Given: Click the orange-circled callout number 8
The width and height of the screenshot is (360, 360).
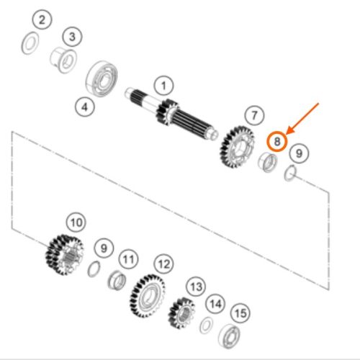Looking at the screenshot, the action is pos(277,141).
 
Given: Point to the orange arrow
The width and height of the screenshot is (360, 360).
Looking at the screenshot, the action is pos(302,118).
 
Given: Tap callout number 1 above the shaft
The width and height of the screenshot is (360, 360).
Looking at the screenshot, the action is pos(163,86).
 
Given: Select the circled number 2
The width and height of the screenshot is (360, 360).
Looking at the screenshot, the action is pos(42,19).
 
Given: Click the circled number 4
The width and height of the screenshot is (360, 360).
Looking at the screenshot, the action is pos(85,107).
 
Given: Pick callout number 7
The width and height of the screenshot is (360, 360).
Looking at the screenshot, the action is pos(254,115).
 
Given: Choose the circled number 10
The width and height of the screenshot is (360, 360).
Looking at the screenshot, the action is pos(76,222).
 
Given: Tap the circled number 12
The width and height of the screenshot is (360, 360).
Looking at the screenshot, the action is pos(164,264).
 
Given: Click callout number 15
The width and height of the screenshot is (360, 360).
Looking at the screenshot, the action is pos(240,313).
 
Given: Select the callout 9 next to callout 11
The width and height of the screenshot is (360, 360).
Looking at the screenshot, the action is pos(104,248).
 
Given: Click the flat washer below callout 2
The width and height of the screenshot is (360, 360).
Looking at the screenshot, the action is pos(30,42).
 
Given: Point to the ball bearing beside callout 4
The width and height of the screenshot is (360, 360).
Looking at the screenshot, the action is pos(102,78).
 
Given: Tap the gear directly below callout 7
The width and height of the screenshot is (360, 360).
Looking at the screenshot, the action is pos(237,147).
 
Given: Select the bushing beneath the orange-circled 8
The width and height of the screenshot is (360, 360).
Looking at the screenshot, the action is pos(268,163).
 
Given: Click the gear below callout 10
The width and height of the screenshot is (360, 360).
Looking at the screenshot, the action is pos(65,254).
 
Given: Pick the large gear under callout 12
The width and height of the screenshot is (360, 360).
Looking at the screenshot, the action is pos(148,296).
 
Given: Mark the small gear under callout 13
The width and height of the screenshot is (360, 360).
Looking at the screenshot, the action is pos(181,313).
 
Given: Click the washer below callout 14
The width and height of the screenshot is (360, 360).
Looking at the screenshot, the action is pos(206,325).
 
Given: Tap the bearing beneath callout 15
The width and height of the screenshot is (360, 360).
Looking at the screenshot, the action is pos(229,336).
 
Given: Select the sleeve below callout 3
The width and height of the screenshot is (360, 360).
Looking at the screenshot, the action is pos(64,61).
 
